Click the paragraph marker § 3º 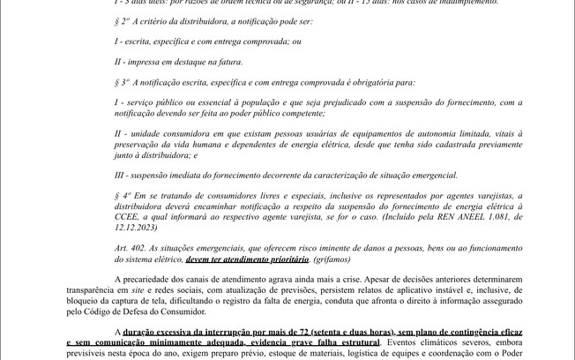coord(124,82)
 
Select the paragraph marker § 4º coord(124,196)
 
